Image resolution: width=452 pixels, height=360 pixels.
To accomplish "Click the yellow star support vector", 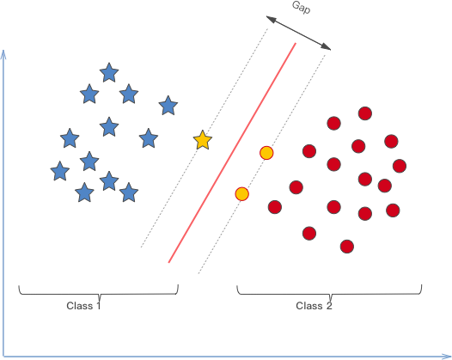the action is [x=203, y=140].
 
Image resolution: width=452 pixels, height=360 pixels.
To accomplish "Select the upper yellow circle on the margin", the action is [x=266, y=153].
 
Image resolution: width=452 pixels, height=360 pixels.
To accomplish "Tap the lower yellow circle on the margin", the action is [x=241, y=193].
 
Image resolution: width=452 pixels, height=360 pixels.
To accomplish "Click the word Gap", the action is [x=302, y=7].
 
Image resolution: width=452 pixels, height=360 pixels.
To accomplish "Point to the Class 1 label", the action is [x=83, y=306].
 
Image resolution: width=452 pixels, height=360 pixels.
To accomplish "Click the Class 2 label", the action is [x=314, y=306].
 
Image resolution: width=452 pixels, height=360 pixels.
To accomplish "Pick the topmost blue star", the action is [x=109, y=72].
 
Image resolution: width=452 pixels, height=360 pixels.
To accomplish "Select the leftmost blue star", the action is [x=60, y=171].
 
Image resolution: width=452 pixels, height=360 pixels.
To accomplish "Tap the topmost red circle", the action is [x=365, y=113].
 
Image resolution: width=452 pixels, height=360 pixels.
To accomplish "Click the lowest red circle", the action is [x=347, y=247].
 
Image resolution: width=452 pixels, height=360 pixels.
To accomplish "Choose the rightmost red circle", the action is [x=400, y=166].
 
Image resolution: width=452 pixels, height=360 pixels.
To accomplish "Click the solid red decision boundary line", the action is [x=232, y=153].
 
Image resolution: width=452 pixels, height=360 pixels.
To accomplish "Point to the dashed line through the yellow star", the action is [x=205, y=137].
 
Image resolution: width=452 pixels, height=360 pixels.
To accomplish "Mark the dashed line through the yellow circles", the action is [x=262, y=164].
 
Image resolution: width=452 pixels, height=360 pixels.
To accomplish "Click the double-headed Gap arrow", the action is [x=298, y=34].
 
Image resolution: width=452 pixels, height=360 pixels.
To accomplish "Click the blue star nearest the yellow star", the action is [x=168, y=106].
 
